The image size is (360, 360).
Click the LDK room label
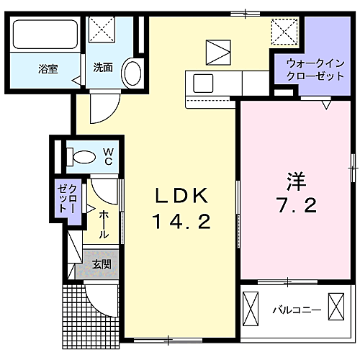coord(181,195)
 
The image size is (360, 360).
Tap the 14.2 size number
coord(181,222)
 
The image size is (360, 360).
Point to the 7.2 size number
coord(294,207)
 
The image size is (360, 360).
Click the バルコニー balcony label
coord(296,311)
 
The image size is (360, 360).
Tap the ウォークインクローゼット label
coord(305,69)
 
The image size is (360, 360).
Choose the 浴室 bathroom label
coord(48,69)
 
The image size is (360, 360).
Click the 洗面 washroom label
coord(103,69)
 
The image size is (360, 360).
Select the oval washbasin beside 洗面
coord(131,72)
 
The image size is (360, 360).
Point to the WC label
coord(108,156)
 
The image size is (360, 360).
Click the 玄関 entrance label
coord(101,264)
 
